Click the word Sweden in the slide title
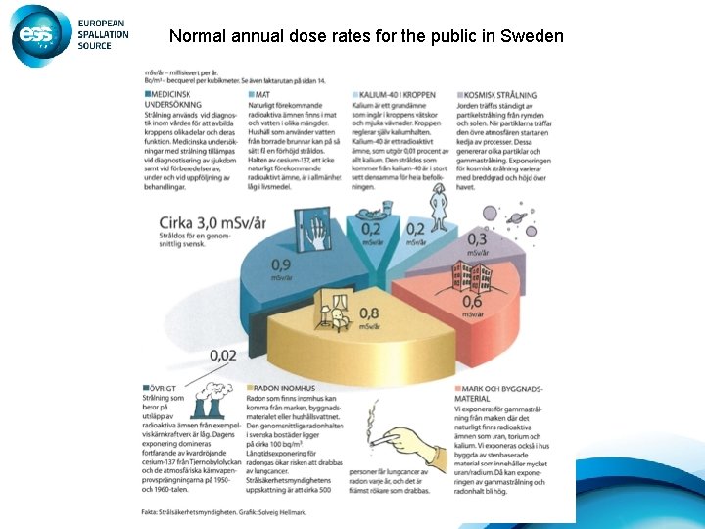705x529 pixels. pyautogui.click(x=532, y=36)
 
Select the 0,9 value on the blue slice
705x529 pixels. pyautogui.click(x=280, y=264)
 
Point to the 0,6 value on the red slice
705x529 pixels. pyautogui.click(x=472, y=303)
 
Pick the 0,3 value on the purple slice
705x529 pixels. pyautogui.click(x=477, y=240)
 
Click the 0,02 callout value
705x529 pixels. pyautogui.click(x=221, y=356)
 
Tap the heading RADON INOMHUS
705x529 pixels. pyautogui.click(x=286, y=387)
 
